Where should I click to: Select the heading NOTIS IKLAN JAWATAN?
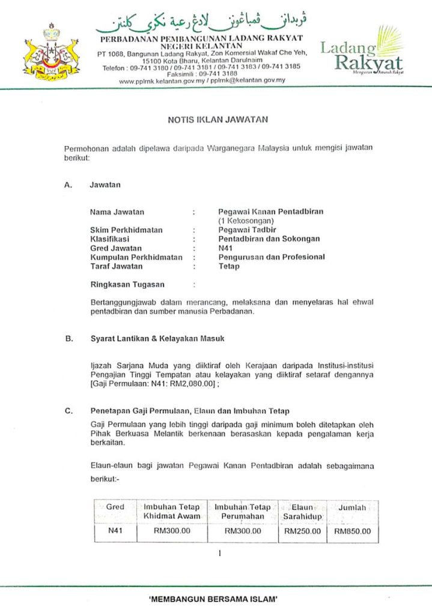[x=218, y=120]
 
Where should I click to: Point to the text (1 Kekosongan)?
[x=242, y=221]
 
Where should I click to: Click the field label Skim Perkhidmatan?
[x=126, y=230]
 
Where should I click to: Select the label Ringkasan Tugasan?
[x=127, y=284]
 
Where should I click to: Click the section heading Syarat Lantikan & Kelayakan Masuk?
[x=157, y=339]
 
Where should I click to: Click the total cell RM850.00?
[x=353, y=532]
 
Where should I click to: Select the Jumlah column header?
[x=352, y=508]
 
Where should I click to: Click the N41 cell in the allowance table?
[x=115, y=532]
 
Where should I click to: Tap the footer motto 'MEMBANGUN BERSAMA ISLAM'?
[x=216, y=599]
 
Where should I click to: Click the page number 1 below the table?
[x=220, y=553]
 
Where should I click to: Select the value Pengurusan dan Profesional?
[x=272, y=257]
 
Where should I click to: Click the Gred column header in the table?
[x=115, y=507]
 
